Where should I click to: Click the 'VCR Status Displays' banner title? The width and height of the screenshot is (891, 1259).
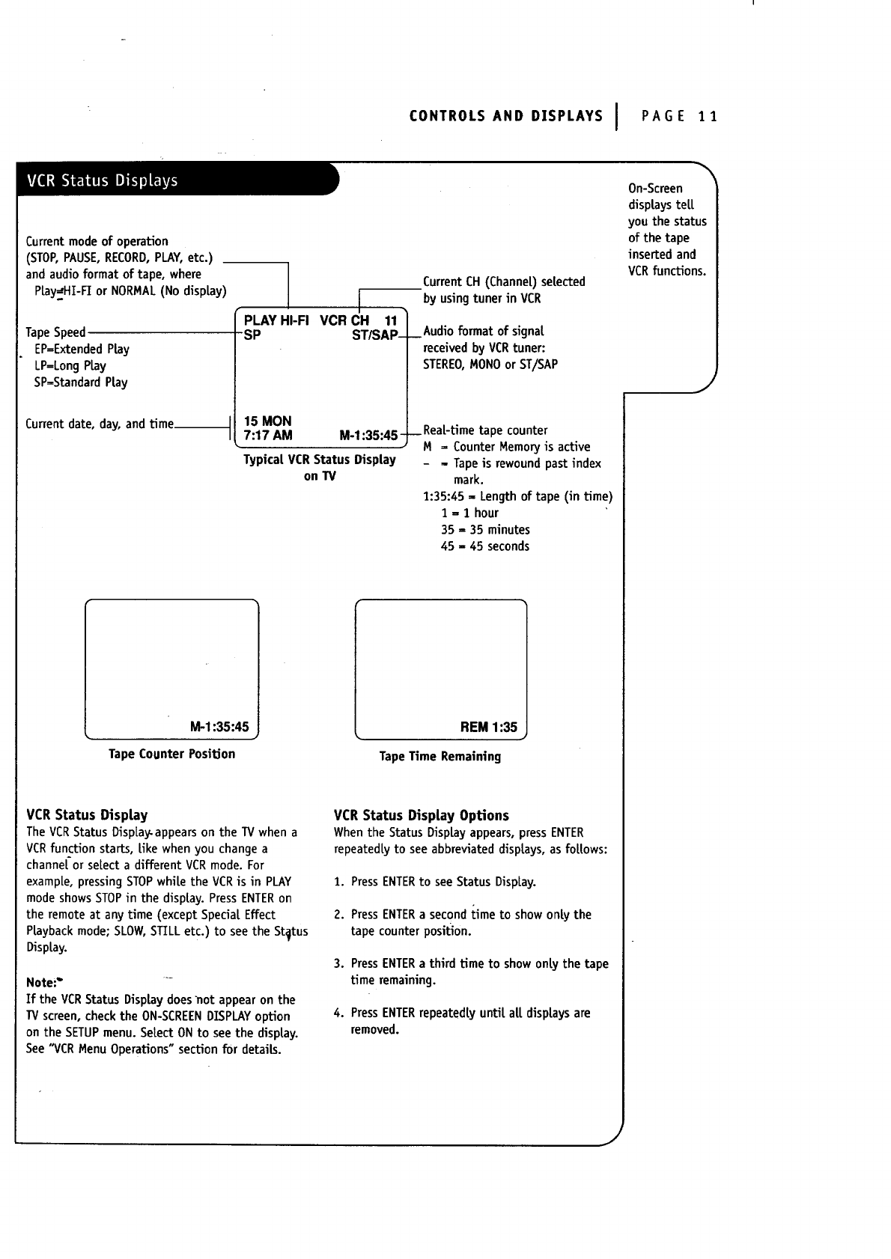tap(103, 180)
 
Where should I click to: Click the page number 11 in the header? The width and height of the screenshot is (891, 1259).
tap(708, 116)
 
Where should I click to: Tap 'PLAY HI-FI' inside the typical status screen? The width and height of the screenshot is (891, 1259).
tap(276, 320)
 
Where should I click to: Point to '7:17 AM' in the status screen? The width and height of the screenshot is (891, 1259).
tap(268, 436)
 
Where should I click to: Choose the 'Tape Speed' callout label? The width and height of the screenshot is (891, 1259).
tap(55, 332)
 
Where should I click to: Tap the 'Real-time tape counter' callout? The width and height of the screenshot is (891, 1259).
tap(485, 430)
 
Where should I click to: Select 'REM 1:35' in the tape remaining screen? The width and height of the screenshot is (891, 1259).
tap(488, 727)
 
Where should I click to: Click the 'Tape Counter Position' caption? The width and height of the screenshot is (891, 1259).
tap(171, 754)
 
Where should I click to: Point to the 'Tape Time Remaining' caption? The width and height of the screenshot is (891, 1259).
tap(440, 756)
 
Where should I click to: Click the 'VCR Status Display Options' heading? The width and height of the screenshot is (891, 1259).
tap(421, 815)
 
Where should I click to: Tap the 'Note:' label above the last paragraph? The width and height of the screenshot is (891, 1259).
tap(41, 982)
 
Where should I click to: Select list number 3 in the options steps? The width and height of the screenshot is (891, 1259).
tap(338, 964)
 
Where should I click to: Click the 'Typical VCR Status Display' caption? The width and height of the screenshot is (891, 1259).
tap(319, 460)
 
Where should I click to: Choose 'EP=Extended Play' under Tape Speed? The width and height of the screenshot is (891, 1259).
tap(82, 349)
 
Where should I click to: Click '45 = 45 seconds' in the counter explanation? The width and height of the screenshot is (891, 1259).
tap(484, 546)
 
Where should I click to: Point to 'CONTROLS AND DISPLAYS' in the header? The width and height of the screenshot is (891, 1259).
tap(505, 116)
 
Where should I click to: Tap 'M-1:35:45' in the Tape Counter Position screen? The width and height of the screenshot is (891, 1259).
tap(219, 727)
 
